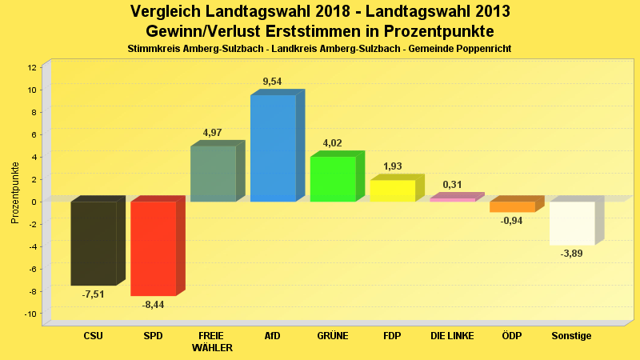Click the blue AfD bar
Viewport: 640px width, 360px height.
273,148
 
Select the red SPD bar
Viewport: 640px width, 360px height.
153,248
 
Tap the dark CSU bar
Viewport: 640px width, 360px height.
93,243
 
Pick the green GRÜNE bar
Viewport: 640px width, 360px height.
333,178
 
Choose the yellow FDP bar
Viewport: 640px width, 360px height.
393,190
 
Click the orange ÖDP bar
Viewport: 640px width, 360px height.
512,206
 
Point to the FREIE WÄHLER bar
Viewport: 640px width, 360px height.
213,174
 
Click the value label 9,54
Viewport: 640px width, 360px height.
273,82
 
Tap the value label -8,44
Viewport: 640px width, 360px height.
153,305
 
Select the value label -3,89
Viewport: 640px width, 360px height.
572,254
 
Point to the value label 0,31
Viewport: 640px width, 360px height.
453,185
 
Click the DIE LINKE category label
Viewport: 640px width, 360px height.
453,336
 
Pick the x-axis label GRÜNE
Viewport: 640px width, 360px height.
333,336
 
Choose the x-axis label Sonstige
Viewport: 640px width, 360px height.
572,336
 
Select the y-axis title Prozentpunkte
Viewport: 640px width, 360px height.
15,192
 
